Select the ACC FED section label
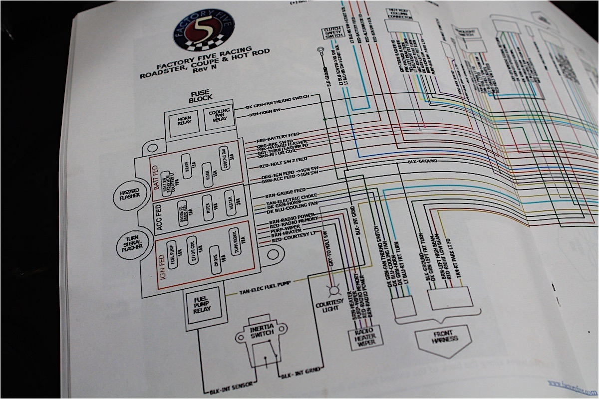160,217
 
